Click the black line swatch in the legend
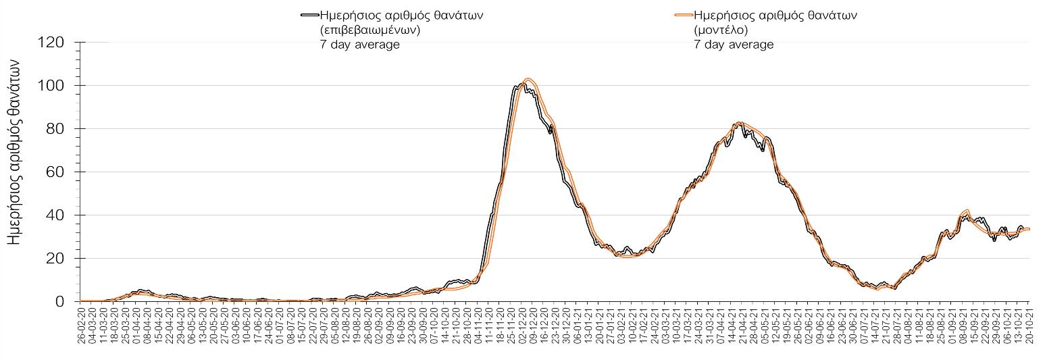(x=309, y=15)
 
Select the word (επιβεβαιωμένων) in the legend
(x=370, y=30)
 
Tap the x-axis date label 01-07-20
(x=280, y=328)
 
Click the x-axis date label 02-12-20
(x=522, y=328)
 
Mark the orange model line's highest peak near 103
(x=529, y=79)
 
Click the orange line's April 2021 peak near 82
(x=741, y=123)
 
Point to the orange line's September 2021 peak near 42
(x=967, y=210)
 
